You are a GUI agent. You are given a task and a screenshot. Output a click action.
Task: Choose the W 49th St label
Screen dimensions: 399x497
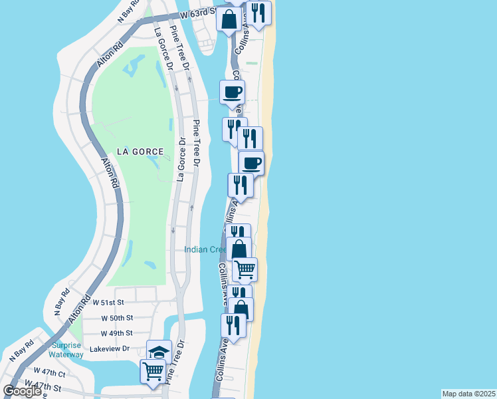tap(116, 332)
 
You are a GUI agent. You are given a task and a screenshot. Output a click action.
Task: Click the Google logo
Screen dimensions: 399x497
tap(22, 391)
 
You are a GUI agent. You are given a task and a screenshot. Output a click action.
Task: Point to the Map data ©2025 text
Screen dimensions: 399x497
tap(468, 394)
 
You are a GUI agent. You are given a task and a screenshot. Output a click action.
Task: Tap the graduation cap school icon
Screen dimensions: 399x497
tap(159, 351)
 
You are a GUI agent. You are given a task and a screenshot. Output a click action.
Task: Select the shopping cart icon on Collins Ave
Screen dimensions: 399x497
tap(245, 269)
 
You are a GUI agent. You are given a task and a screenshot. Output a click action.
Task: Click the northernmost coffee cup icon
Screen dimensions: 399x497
tap(233, 92)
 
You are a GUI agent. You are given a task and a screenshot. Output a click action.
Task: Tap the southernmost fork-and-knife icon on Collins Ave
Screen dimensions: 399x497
tap(233, 325)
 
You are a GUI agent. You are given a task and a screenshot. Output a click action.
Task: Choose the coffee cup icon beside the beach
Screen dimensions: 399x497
tap(251, 162)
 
